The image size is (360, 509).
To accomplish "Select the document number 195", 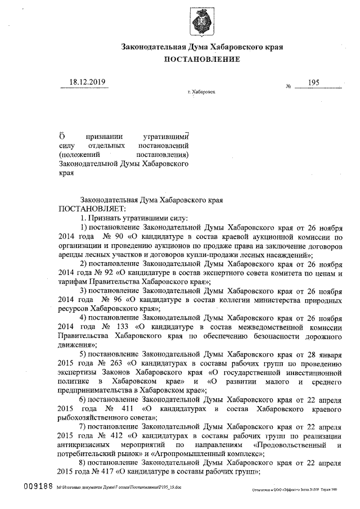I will [314, 83].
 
